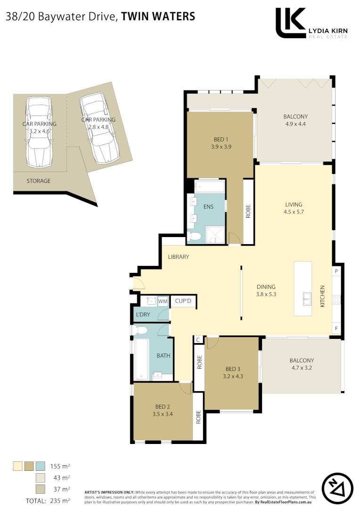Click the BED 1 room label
[x=221, y=139]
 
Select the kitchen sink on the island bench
[x=307, y=298]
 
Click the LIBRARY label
[x=179, y=257]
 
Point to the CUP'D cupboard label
[x=183, y=301]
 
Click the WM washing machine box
[x=163, y=301]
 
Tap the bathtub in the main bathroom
[x=141, y=358]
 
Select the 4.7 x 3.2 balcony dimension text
[x=302, y=368]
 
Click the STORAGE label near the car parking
[x=38, y=181]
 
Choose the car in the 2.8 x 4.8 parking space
[x=98, y=128]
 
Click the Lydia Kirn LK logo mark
[x=290, y=23]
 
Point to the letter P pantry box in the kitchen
[x=336, y=271]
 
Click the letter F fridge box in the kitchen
[x=336, y=327]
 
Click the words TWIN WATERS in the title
[x=158, y=16]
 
